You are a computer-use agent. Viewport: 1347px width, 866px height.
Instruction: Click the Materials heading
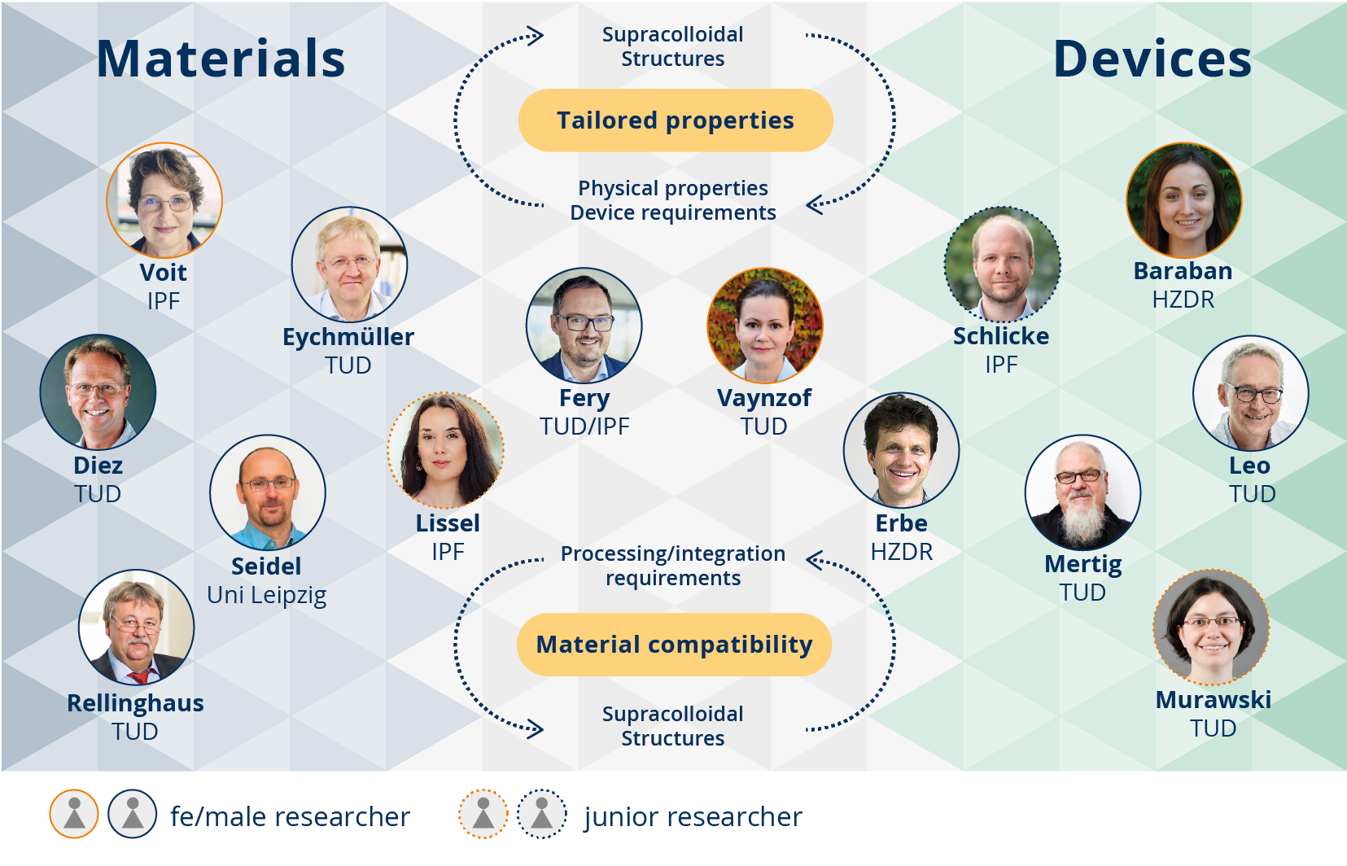(221, 59)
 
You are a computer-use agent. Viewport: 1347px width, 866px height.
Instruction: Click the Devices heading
(1152, 59)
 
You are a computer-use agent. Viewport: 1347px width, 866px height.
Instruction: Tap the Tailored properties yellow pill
(676, 120)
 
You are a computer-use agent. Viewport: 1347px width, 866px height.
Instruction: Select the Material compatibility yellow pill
(674, 645)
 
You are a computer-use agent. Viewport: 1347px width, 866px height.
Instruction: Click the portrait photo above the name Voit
(164, 200)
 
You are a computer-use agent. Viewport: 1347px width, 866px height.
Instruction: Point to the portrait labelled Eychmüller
(349, 265)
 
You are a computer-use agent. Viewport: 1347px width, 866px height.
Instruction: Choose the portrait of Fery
(584, 326)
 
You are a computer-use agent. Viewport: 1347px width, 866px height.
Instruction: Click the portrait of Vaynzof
(765, 326)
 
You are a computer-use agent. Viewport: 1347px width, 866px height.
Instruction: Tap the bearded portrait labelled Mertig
(1083, 492)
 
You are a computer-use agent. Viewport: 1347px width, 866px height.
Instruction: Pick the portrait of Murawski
(1212, 628)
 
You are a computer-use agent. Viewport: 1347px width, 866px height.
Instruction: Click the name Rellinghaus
(135, 703)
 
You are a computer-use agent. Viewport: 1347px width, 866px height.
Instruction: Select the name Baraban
(1183, 271)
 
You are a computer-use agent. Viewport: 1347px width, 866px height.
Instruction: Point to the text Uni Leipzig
(266, 596)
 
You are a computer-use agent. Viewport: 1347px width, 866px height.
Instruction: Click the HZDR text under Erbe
(902, 552)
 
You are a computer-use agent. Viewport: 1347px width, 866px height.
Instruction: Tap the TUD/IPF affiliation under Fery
(584, 426)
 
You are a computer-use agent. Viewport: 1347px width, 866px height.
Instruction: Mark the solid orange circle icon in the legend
(74, 814)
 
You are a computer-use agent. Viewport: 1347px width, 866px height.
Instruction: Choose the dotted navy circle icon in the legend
(542, 814)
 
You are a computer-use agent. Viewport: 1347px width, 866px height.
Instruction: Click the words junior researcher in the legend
(693, 816)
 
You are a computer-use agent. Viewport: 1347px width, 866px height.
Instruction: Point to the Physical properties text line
(673, 188)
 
